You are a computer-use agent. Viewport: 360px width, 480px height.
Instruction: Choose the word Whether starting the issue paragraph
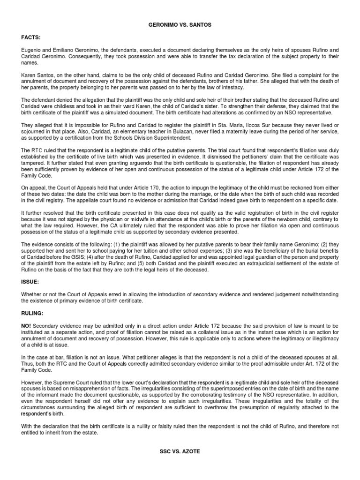(31, 294)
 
